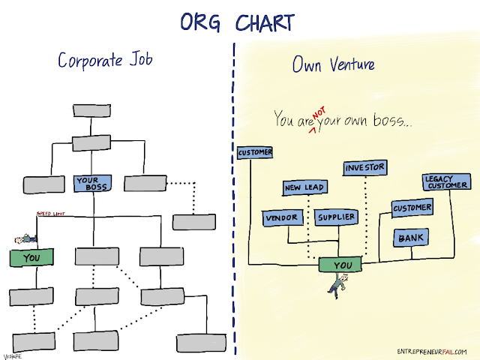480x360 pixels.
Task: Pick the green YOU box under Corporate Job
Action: coord(31,258)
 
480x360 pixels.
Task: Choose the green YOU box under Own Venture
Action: coord(341,265)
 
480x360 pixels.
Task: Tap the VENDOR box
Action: coord(282,217)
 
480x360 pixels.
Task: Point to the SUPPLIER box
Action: coord(334,217)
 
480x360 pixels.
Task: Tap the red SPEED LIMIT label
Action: coord(51,214)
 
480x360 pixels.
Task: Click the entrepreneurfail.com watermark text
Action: coord(432,352)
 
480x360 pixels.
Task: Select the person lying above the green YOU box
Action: coord(25,239)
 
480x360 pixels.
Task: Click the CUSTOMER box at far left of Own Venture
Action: coord(255,153)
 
